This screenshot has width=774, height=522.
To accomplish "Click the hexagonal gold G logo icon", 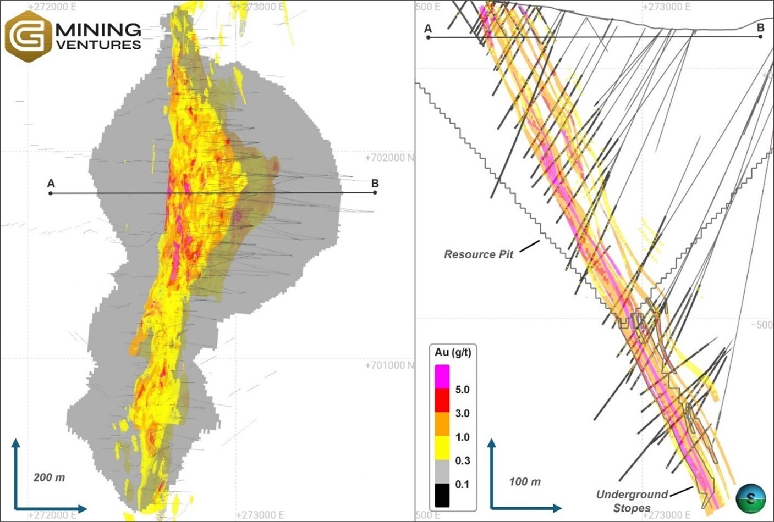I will [x=28, y=36].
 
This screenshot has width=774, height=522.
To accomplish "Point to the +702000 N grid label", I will [x=389, y=158].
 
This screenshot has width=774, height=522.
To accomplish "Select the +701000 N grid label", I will [x=389, y=365].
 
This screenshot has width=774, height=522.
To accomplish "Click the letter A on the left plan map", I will [x=51, y=183].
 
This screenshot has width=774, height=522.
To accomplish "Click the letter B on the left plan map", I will [x=375, y=183].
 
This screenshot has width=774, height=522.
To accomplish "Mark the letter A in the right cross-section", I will [x=428, y=28].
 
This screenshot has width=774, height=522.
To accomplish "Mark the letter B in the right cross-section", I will [x=761, y=27].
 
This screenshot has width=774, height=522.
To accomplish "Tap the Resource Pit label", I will [x=478, y=254].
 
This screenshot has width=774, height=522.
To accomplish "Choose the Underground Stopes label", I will [x=632, y=501].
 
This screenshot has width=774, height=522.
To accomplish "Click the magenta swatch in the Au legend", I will [x=442, y=377].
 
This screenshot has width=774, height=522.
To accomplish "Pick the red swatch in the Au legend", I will [x=442, y=401].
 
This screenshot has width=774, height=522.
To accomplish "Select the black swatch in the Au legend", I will [x=442, y=495].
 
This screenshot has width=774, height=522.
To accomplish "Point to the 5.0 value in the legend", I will [x=462, y=390].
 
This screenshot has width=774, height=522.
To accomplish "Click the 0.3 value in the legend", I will [x=462, y=460].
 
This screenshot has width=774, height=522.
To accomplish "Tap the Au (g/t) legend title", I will [x=452, y=352].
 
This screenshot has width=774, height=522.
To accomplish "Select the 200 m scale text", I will [x=49, y=477].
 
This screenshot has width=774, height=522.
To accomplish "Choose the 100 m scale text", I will [x=524, y=482].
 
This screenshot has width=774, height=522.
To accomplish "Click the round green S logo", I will [x=750, y=498].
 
